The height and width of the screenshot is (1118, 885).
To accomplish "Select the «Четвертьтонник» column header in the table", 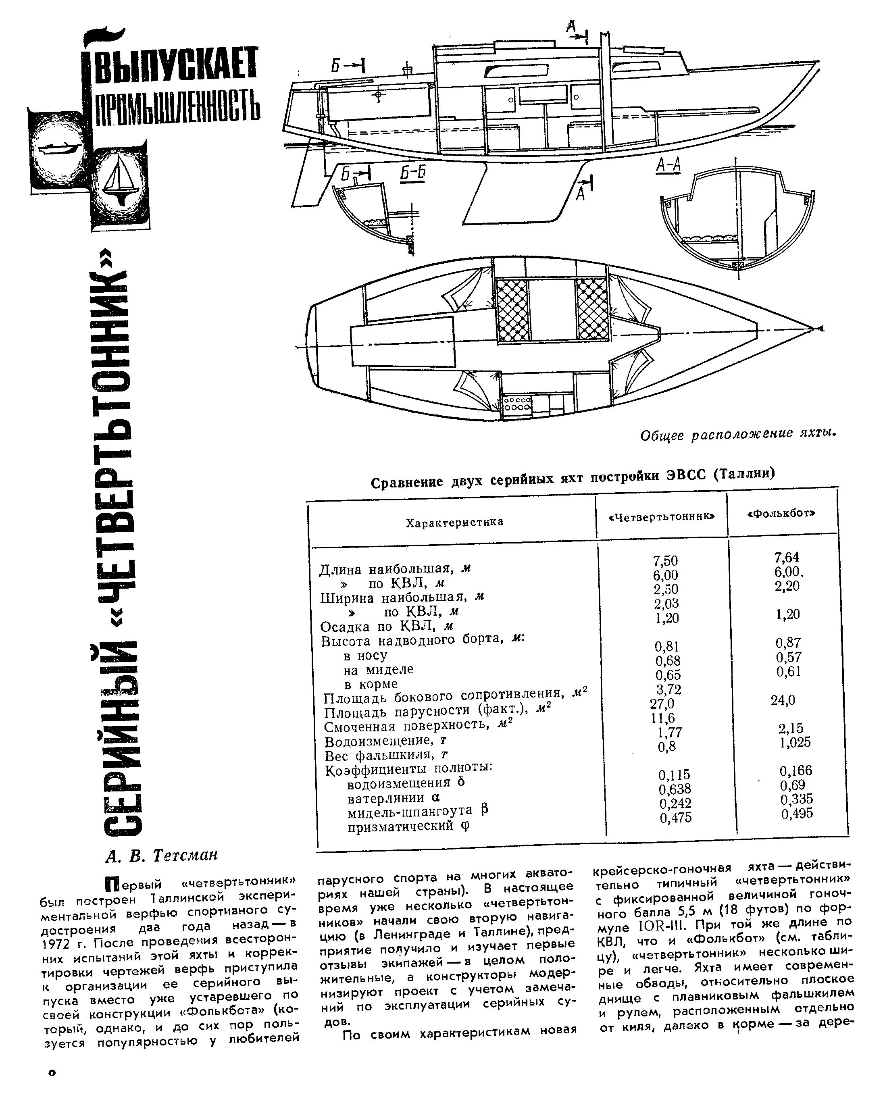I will (662, 516).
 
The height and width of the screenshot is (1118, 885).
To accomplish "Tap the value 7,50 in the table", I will (665, 561).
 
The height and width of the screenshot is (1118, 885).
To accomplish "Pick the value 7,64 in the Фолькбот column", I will (787, 558).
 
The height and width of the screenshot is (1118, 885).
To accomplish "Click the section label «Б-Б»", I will (412, 172).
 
